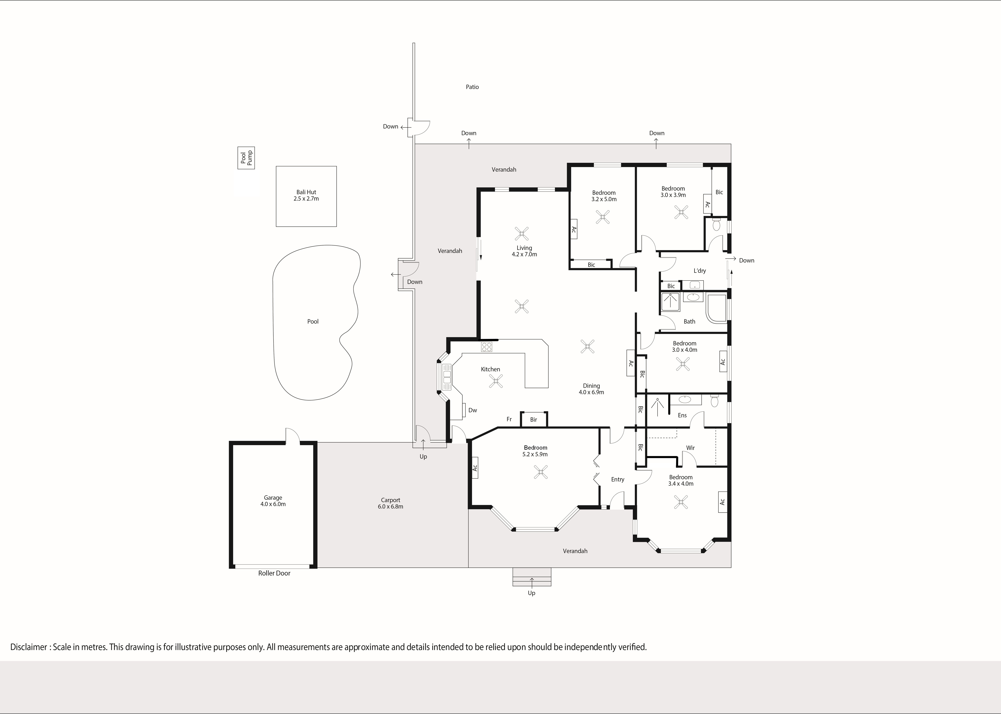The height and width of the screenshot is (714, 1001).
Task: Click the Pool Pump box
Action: (x=246, y=158)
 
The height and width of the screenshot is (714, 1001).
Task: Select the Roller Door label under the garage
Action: (x=274, y=573)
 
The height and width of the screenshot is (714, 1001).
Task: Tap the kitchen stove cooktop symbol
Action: (x=487, y=347)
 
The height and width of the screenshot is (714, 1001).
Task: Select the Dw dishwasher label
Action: (x=473, y=410)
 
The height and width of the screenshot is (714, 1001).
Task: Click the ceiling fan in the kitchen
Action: (x=496, y=381)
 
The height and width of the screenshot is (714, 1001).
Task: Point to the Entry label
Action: (x=618, y=480)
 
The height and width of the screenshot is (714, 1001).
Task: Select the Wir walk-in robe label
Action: (x=691, y=448)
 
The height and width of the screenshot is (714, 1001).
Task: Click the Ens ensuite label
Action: (x=682, y=415)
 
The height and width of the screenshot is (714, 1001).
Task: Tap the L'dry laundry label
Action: (x=700, y=271)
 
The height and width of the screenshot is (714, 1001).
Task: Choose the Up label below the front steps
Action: (x=532, y=593)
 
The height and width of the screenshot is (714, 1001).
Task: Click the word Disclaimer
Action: (x=29, y=647)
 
